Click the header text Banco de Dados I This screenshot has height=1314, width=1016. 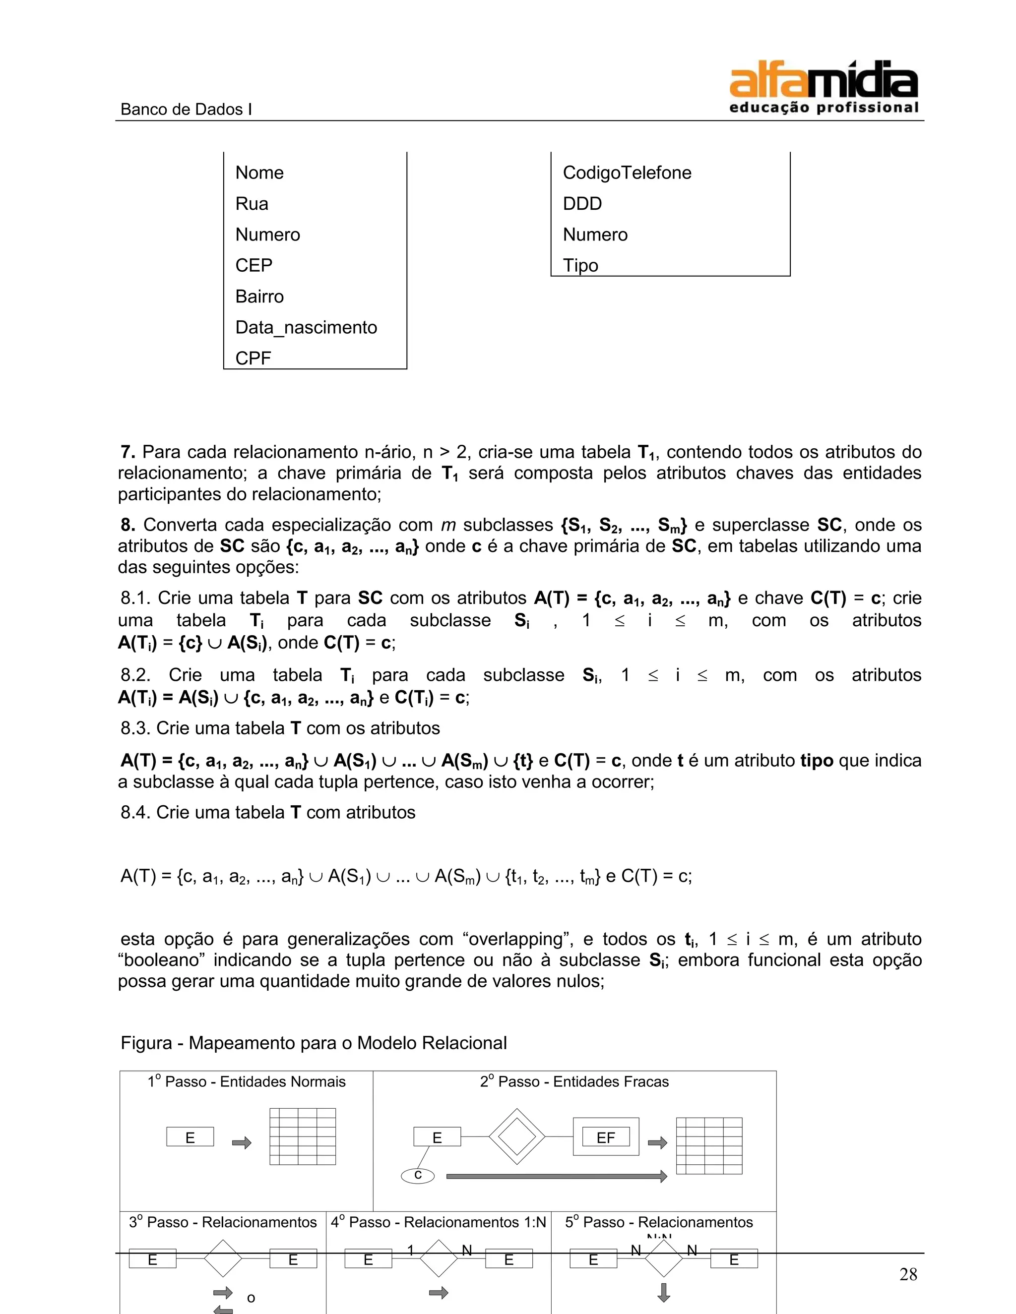coord(186,110)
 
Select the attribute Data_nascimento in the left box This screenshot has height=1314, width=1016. coord(306,327)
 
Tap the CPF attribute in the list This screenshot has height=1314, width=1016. coord(253,358)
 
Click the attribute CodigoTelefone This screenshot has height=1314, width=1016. coord(627,173)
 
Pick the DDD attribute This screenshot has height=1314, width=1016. coord(582,203)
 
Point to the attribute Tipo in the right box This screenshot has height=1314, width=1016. coord(580,265)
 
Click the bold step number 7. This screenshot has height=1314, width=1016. coord(127,452)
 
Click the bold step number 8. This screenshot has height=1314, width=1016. coord(127,525)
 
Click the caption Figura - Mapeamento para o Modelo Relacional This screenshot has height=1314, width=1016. coord(314,1043)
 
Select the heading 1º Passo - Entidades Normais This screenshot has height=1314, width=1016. coord(246,1082)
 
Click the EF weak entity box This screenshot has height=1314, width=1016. coord(606,1137)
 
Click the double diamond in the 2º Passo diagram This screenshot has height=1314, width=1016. coord(516,1136)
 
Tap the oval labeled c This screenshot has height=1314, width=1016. coord(418,1176)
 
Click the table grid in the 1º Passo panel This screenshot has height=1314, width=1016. coord(302,1136)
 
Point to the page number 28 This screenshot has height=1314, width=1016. coord(908,1274)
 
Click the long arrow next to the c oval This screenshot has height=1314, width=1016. coord(556,1176)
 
